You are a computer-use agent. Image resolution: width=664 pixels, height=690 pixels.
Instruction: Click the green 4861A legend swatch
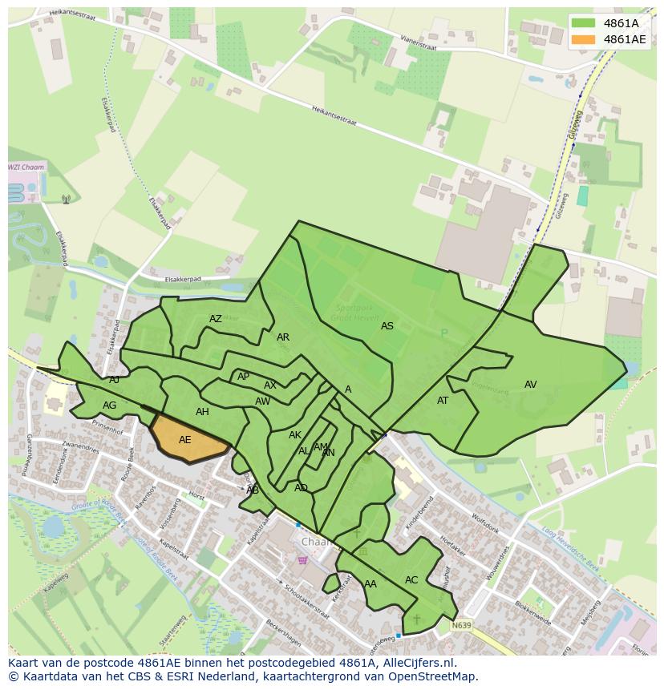pyautogui.click(x=584, y=23)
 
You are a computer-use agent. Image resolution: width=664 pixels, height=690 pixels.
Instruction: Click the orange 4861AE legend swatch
pyautogui.click(x=584, y=39)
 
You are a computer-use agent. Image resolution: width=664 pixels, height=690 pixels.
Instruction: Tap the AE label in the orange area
pyautogui.click(x=185, y=440)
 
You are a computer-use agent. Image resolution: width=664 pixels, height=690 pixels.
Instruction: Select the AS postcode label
pyautogui.click(x=387, y=326)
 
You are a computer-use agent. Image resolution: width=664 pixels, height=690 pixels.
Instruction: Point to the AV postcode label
pyautogui.click(x=530, y=385)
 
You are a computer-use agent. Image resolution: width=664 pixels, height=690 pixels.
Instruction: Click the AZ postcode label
pyautogui.click(x=216, y=319)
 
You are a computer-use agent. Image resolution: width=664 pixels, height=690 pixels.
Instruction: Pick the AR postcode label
pyautogui.click(x=283, y=337)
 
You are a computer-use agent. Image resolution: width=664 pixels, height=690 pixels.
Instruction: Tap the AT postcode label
pyautogui.click(x=443, y=401)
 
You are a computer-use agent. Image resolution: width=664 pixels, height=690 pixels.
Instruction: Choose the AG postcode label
pyautogui.click(x=110, y=406)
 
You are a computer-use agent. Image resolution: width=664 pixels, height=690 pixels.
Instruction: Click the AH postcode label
pyautogui.click(x=202, y=412)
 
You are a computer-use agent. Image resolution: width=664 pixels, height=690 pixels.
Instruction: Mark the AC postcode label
pyautogui.click(x=411, y=580)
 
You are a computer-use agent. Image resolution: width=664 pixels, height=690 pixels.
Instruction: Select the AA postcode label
pyautogui.click(x=370, y=584)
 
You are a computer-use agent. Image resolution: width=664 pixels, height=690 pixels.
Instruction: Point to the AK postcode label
pyautogui.click(x=295, y=435)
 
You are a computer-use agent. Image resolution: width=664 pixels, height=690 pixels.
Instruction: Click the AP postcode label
pyautogui.click(x=243, y=377)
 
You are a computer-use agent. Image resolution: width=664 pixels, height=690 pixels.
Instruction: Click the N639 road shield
pyautogui.click(x=460, y=625)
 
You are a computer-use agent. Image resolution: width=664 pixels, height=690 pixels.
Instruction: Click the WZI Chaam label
pyautogui.click(x=26, y=167)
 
